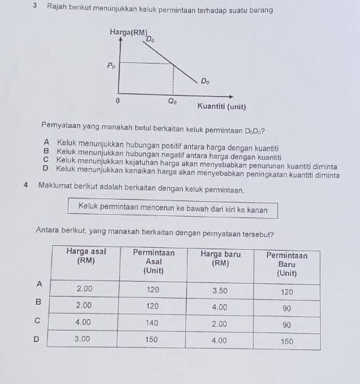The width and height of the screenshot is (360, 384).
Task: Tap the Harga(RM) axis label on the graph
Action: point(127,33)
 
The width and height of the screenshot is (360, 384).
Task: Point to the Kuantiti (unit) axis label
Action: point(221,106)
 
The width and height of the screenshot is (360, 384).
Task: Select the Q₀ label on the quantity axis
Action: point(173,102)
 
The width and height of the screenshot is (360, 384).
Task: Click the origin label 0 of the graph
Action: point(118,100)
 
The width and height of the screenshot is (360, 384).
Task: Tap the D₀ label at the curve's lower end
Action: point(204,81)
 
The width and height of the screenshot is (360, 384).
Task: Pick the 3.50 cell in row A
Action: point(220,290)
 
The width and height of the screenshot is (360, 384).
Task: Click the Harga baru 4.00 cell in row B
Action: point(220,307)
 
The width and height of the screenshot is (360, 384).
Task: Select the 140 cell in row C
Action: point(154,324)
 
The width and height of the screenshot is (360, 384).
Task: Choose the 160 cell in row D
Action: point(287,341)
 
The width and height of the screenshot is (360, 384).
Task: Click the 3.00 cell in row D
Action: point(84,339)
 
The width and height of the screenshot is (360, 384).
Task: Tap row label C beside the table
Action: point(39,319)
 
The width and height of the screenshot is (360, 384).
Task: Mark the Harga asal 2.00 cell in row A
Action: point(85,289)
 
